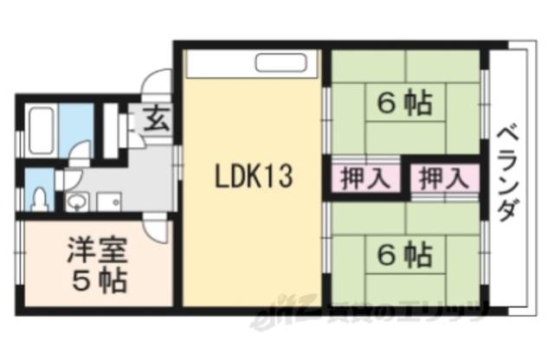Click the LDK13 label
tap(255, 179)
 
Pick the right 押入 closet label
tap(443, 179)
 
